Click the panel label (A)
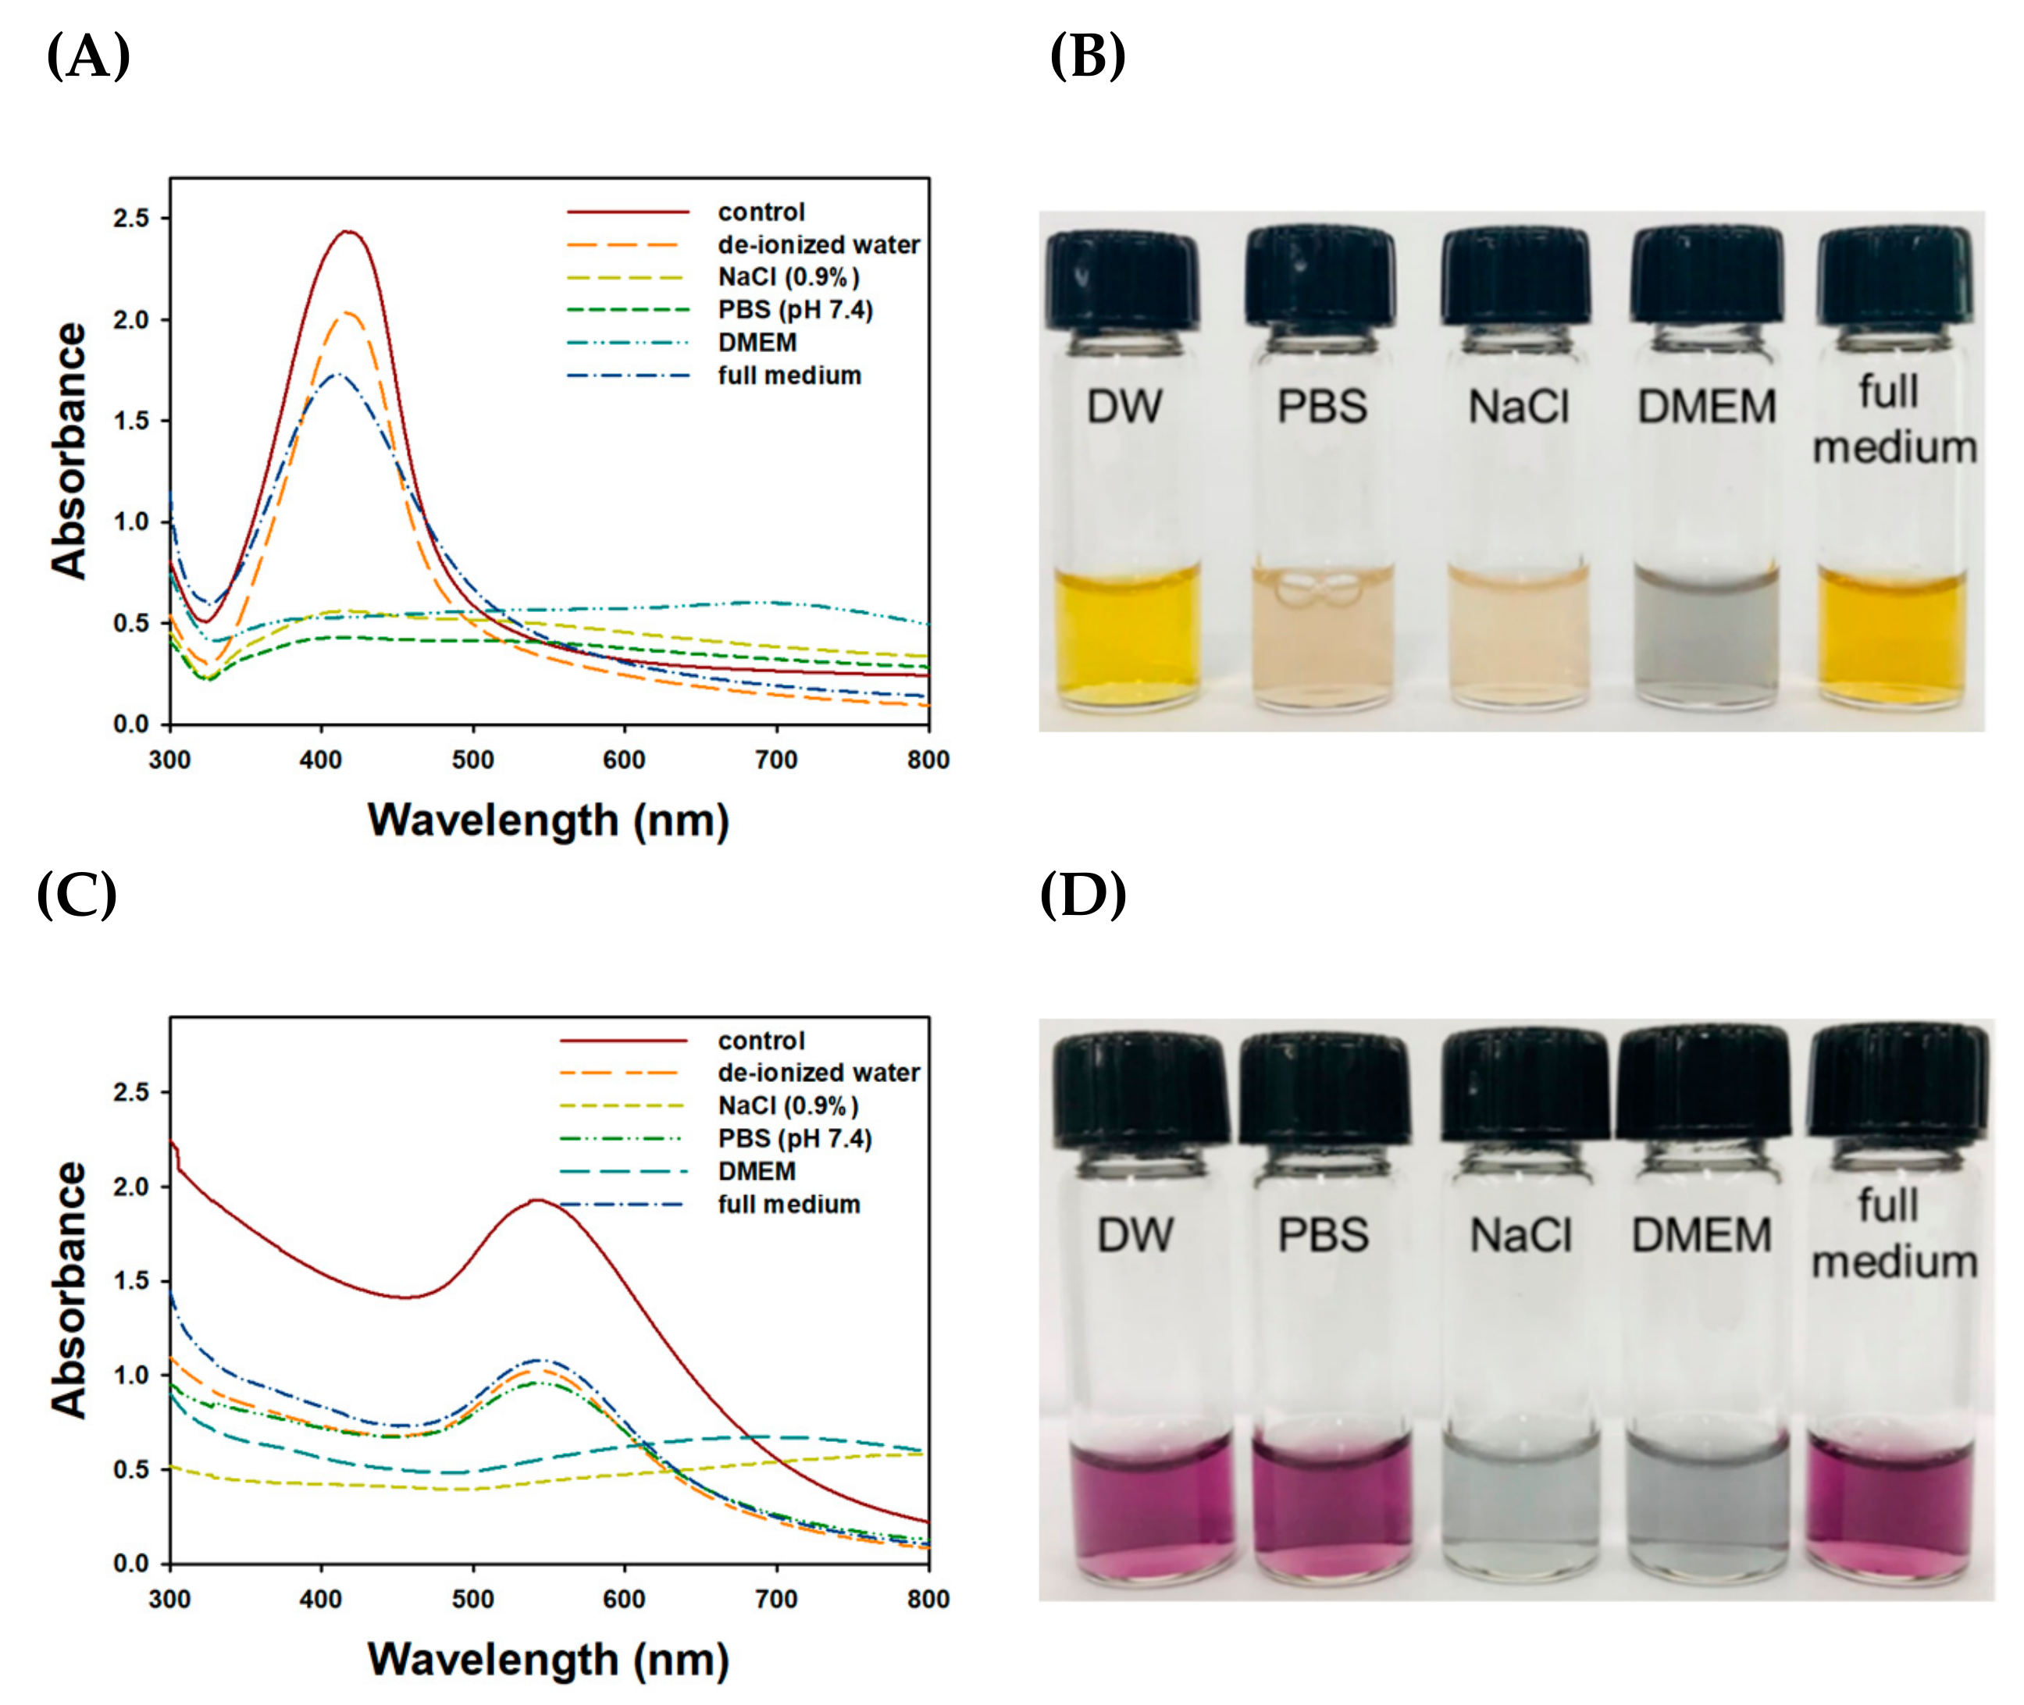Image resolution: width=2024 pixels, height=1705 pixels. (x=88, y=56)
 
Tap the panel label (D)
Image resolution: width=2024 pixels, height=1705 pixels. (x=1082, y=894)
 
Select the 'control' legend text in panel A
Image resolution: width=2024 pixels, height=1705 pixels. (x=761, y=212)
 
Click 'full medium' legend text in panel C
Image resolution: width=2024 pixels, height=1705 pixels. (x=789, y=1205)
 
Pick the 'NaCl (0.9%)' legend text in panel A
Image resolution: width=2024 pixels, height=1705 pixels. (x=788, y=277)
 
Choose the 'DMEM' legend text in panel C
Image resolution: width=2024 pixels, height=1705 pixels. (x=757, y=1172)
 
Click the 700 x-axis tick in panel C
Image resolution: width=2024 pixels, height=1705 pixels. (x=775, y=1600)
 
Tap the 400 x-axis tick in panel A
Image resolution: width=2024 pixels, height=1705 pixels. (x=321, y=760)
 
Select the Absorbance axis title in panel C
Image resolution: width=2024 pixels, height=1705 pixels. (x=69, y=1290)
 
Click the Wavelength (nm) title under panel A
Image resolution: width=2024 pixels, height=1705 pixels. (x=548, y=820)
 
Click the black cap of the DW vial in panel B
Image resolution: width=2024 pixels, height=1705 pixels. (x=1122, y=279)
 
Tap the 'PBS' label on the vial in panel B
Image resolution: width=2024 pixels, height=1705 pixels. (x=1321, y=406)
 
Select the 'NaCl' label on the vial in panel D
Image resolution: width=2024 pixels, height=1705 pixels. (x=1520, y=1235)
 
